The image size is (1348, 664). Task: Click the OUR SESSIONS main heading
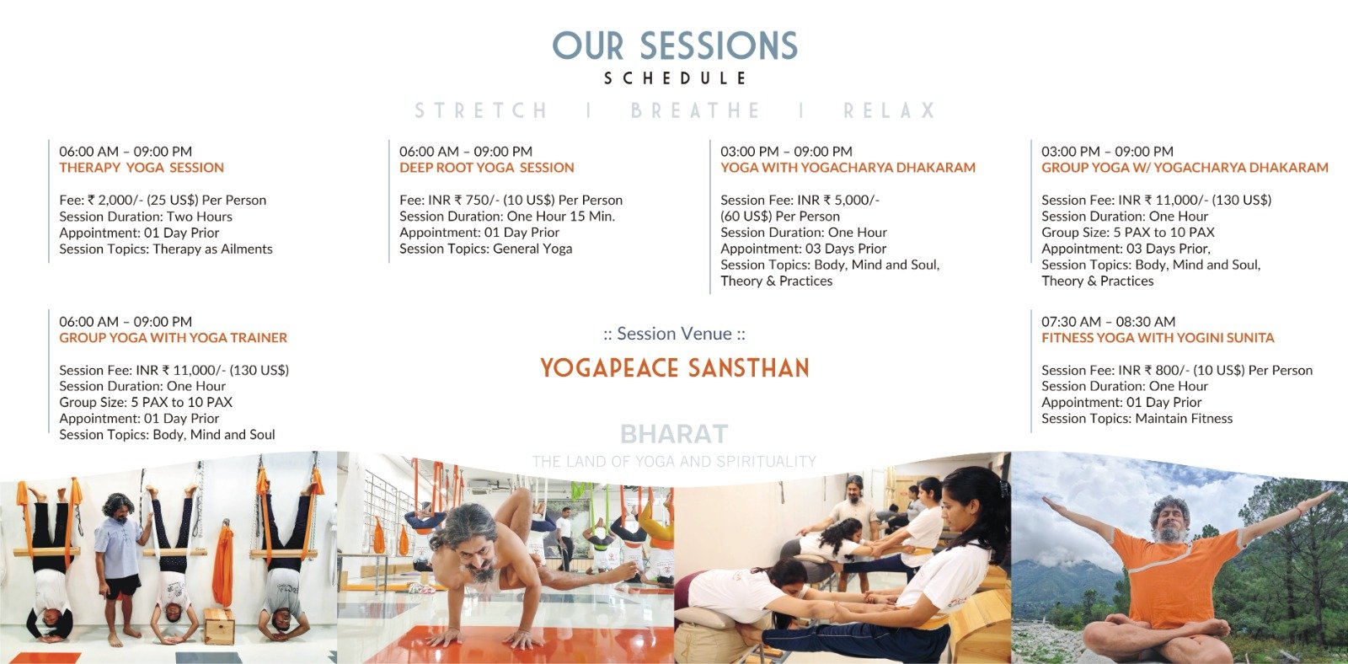[x=675, y=46]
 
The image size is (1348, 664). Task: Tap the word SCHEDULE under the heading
[x=675, y=78]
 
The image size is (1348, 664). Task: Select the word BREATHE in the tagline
[x=696, y=110]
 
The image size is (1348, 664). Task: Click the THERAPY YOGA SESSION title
[x=142, y=168]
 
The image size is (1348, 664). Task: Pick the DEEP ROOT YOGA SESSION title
[x=487, y=168]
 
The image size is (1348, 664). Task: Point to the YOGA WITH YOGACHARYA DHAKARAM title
[x=848, y=168]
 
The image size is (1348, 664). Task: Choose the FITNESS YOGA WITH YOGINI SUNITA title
[x=1158, y=338]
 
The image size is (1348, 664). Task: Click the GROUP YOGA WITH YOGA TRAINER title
[x=174, y=338]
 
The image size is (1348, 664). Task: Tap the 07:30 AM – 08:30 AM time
[x=1109, y=321]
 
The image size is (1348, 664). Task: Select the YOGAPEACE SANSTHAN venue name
[x=675, y=368]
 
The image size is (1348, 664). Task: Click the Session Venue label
[x=675, y=334]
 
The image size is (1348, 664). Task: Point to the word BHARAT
[x=674, y=433]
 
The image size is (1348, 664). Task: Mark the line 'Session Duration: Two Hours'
[x=146, y=216]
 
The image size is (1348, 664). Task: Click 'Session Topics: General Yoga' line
[x=485, y=249]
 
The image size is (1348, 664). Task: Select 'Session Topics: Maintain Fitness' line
[x=1137, y=419]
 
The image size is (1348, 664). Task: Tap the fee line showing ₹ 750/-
[x=511, y=200]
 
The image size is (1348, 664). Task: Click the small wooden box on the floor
[x=219, y=625]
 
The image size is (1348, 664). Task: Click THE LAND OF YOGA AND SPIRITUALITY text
[x=674, y=462]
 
